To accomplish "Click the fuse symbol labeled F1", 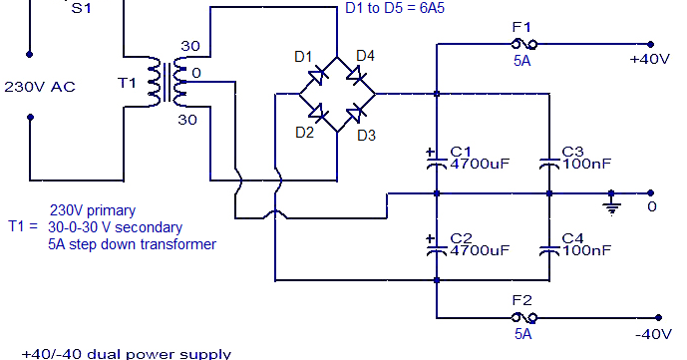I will (x=523, y=45).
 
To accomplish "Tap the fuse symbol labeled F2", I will (x=523, y=317).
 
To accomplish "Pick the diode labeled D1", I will (x=318, y=75).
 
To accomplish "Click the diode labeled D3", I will (x=355, y=113).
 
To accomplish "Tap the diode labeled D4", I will (x=355, y=75).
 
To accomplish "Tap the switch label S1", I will (x=77, y=7).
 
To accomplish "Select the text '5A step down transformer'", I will (x=133, y=243).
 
